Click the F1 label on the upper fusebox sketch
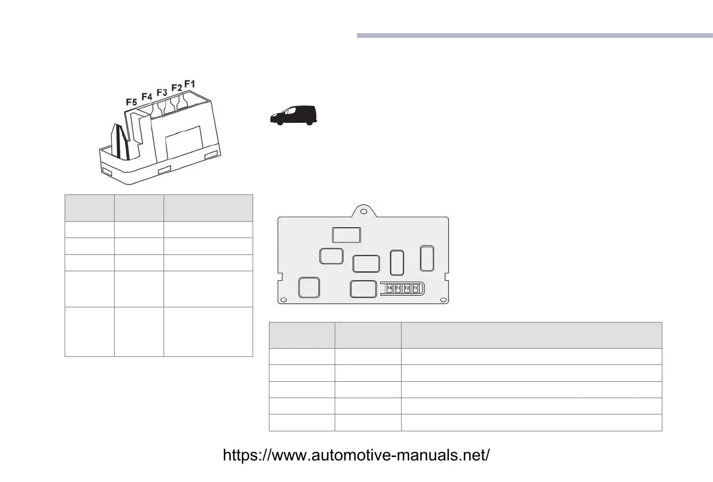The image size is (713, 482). [190, 83]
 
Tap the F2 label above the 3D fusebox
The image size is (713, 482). [176, 88]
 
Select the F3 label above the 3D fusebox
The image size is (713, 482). [162, 92]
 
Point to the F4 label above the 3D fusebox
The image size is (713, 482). [147, 96]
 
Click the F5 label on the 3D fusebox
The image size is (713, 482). [132, 102]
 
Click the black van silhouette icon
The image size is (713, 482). [294, 115]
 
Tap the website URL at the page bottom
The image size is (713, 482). [356, 455]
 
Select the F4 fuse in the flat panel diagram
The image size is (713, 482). [389, 288]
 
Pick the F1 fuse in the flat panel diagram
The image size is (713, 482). [415, 288]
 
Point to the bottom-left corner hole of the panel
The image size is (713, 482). [283, 300]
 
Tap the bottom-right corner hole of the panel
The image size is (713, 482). [444, 300]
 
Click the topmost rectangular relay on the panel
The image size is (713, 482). [346, 234]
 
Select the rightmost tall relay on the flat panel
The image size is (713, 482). [427, 258]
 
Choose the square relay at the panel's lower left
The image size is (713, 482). [308, 288]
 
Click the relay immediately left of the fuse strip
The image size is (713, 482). [364, 289]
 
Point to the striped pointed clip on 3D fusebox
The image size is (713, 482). [120, 142]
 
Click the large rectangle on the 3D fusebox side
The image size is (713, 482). [184, 143]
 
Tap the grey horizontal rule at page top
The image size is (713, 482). [534, 36]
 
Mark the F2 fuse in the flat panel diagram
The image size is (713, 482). [407, 288]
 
